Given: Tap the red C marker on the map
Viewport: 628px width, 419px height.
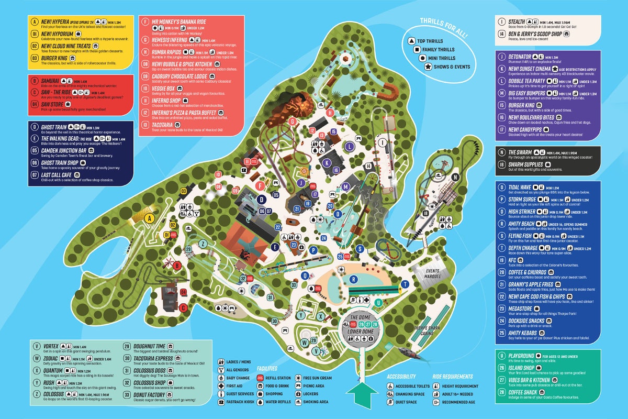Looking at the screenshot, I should click(183, 308).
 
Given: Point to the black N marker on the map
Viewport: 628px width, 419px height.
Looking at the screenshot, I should click(455, 177).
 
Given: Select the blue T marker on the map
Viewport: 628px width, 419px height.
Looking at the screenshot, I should click(405, 284).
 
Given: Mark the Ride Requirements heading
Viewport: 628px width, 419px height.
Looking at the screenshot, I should click(453, 376).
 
